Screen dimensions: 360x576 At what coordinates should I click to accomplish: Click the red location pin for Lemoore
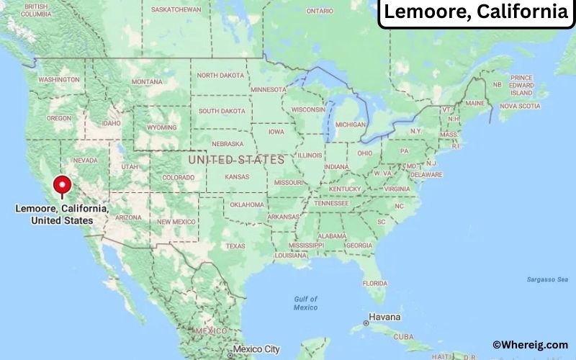[63, 183]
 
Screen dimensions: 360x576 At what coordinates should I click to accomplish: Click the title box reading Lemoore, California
[475, 12]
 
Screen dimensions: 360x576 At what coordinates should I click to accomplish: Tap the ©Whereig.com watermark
[530, 345]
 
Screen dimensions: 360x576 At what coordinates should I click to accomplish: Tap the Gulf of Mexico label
[305, 303]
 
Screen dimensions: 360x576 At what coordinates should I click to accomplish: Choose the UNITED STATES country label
[236, 159]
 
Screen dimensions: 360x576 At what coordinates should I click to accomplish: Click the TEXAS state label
[235, 246]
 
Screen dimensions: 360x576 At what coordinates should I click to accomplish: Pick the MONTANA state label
[147, 81]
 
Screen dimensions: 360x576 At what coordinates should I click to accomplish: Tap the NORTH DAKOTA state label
[220, 76]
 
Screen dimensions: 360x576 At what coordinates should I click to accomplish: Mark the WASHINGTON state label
[58, 79]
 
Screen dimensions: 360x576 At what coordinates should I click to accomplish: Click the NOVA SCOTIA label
[519, 106]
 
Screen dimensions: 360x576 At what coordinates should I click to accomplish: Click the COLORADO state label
[178, 177]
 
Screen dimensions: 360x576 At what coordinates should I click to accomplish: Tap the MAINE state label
[474, 103]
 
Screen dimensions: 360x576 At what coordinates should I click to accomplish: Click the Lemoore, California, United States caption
[62, 214]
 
